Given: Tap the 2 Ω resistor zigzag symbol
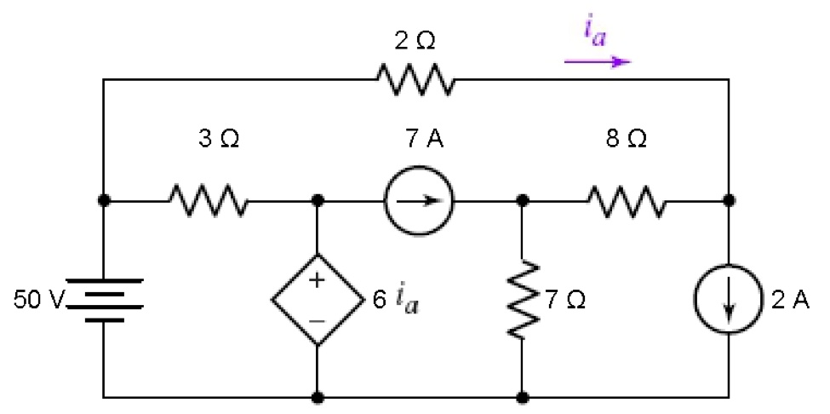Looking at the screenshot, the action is pyautogui.click(x=415, y=79).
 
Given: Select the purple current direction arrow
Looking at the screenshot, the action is pyautogui.click(x=598, y=62).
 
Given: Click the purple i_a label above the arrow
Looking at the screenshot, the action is pyautogui.click(x=596, y=33).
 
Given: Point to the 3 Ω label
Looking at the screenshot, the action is pyautogui.click(x=219, y=141).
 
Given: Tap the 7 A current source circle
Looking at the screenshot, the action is pyautogui.click(x=419, y=201).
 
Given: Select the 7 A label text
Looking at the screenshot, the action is pyautogui.click(x=422, y=141).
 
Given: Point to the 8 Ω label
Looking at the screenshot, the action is pyautogui.click(x=627, y=141).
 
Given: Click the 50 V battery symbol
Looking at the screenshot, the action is pyautogui.click(x=105, y=300).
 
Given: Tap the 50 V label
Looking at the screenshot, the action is pyautogui.click(x=39, y=300).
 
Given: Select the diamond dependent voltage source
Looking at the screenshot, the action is pyautogui.click(x=318, y=300).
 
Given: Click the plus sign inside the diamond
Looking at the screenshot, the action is pyautogui.click(x=317, y=280).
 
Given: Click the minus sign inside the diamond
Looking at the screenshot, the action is pyautogui.click(x=317, y=321).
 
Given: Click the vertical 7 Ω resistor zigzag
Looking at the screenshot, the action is pyautogui.click(x=523, y=298).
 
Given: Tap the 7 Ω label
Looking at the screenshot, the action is pyautogui.click(x=565, y=301).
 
